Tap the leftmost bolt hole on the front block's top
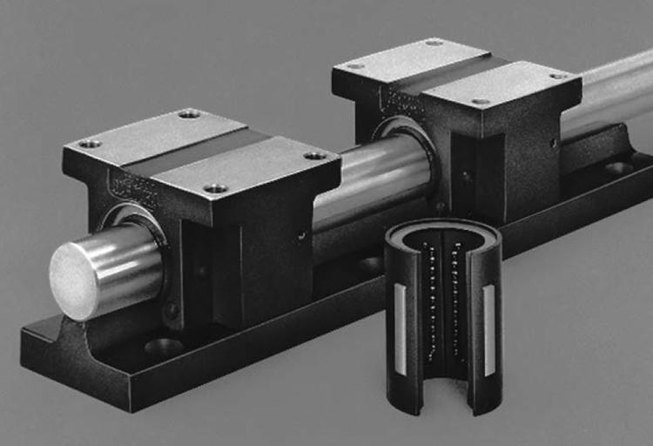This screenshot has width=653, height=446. pos(89,144)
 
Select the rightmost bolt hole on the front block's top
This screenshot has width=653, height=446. pos(315,155)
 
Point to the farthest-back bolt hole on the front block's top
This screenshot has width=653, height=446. pos(189,114)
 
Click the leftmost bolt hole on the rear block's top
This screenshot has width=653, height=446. pos(355,65)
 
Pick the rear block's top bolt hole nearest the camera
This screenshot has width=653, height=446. pos(481,102)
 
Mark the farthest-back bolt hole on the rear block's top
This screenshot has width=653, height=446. pos(434,43)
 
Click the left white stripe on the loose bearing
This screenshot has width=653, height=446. pos(400,326)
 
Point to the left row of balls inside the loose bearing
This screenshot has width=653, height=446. pos(429,301)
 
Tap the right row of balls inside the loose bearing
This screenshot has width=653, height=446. pos(454,301)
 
